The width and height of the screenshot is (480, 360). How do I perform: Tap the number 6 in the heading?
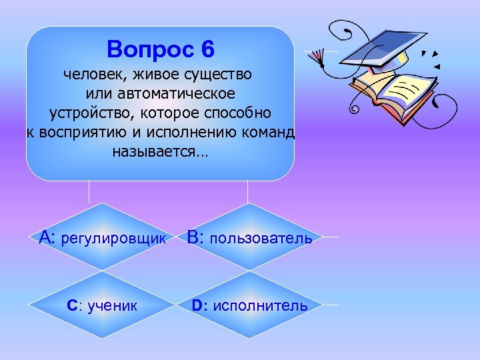207,49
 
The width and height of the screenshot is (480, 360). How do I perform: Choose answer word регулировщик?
113,239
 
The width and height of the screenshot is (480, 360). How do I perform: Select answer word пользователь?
261,239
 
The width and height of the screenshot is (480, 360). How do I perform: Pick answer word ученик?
111,306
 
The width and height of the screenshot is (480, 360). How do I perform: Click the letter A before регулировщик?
47,237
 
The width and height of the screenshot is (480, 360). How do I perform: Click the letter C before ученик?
73,306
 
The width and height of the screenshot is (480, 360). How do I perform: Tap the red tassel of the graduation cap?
318,56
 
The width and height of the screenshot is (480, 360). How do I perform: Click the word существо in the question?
221,72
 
